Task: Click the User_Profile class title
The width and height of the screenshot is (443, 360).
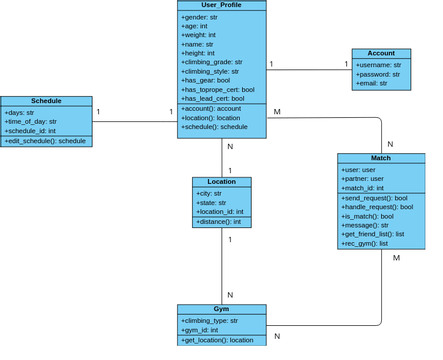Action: (221, 5)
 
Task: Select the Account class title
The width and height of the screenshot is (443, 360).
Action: (380, 53)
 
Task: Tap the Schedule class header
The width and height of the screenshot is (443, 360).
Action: (46, 101)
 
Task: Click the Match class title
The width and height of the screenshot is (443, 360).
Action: (380, 158)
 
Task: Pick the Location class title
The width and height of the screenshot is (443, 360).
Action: (221, 182)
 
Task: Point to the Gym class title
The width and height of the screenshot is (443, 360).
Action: (221, 310)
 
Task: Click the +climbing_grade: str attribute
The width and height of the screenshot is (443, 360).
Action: (211, 62)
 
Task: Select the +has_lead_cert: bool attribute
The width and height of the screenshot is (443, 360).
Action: (212, 98)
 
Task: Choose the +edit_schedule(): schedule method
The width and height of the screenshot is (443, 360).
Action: (45, 141)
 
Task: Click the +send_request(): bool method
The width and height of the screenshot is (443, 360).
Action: (374, 198)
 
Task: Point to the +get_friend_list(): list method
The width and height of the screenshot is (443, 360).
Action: (373, 234)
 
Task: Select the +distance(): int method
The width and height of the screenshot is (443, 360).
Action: (219, 222)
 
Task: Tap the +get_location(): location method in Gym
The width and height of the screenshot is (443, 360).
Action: (217, 341)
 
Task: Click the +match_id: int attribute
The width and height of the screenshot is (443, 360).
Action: (364, 187)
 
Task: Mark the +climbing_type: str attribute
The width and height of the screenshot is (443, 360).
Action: (209, 321)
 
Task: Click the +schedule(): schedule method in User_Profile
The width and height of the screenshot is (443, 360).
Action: (214, 128)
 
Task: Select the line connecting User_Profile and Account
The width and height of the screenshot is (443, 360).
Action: (309, 70)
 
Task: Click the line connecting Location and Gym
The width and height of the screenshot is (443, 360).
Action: (222, 266)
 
